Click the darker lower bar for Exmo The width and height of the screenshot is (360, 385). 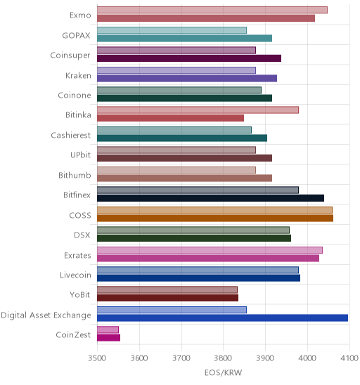coord(206,18)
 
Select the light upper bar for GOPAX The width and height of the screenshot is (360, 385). coord(172,30)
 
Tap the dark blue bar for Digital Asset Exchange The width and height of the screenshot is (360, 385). coord(222,318)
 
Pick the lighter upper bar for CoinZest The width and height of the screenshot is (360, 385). coord(108,329)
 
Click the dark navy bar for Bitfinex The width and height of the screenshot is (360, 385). coord(211,198)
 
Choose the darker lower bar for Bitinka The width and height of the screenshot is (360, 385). coord(171,118)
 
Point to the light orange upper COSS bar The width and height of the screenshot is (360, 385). coord(214,210)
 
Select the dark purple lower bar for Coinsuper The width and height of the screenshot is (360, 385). coord(189,58)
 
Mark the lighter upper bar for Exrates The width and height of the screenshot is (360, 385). coord(210,250)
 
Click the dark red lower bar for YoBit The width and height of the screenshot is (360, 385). coord(167,298)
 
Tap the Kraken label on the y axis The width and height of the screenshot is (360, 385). coord(78,75)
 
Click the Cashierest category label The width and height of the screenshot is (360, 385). coord(71,136)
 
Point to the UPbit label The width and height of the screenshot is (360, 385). coord(80,155)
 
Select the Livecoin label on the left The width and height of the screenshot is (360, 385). coord(75,275)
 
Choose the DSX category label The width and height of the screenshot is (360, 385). coord(82,235)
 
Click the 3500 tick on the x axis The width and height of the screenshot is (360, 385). coord(97,358)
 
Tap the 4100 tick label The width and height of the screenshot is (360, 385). coord(349,358)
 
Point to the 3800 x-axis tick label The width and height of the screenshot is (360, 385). coord(223,358)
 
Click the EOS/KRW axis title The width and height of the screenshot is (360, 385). coord(223,373)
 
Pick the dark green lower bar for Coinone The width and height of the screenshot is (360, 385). coord(184,98)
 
